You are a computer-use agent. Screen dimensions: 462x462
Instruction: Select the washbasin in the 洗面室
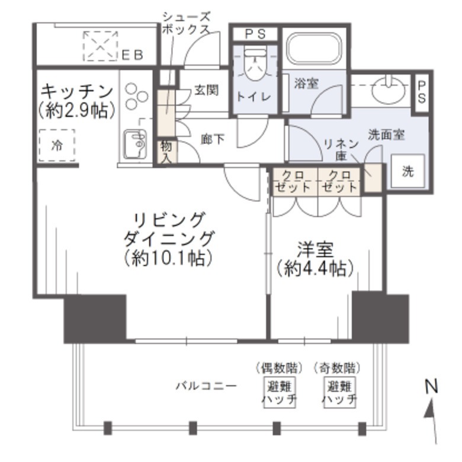[x=389, y=89]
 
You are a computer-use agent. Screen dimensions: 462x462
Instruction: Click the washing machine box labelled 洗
[x=408, y=171]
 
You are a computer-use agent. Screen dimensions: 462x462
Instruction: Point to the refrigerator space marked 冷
[x=57, y=145]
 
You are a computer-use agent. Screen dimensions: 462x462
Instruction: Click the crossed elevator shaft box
[x=100, y=46]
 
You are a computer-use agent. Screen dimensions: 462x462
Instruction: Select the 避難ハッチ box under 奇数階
[x=339, y=393]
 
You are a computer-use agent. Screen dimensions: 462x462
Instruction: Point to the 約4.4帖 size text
[x=315, y=268]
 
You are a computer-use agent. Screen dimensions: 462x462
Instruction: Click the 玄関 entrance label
[x=206, y=90]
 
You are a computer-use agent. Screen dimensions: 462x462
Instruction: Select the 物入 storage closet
[x=165, y=152]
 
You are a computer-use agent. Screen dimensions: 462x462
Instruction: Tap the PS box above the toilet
[x=255, y=34]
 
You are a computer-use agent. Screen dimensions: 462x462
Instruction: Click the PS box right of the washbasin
[x=422, y=92]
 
